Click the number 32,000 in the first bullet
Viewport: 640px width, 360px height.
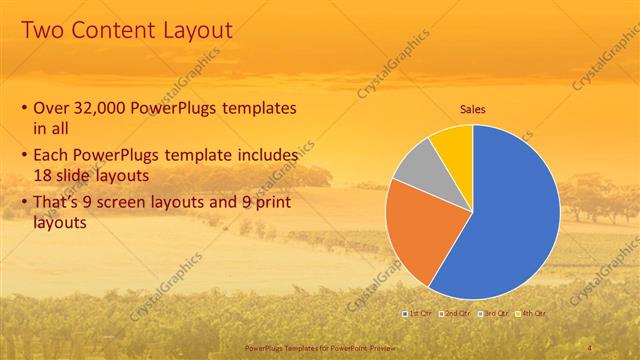tap(106, 108)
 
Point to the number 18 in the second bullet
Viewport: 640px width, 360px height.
tap(44, 176)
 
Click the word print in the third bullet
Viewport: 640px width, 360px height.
tap(274, 203)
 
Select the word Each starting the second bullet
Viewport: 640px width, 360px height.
tap(53, 156)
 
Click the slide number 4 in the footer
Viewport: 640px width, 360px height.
tap(590, 347)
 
